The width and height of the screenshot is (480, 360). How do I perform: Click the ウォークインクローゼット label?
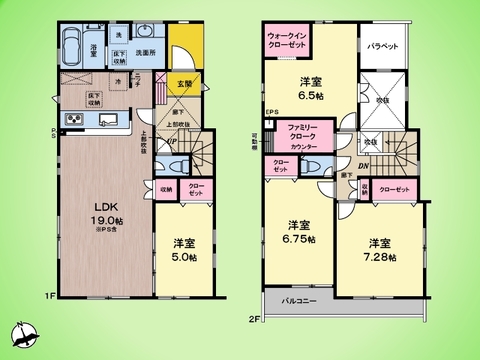288,41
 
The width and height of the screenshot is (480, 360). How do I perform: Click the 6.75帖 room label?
297,232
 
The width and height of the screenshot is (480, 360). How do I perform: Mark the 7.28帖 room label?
379,249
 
